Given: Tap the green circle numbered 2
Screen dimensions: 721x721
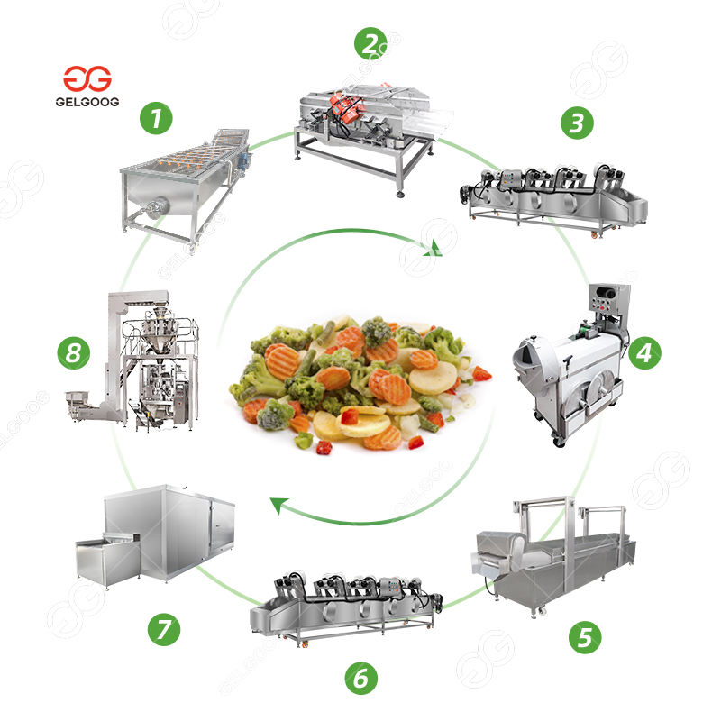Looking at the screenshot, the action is (x=370, y=41).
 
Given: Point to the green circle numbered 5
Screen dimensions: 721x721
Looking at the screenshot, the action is (x=585, y=638).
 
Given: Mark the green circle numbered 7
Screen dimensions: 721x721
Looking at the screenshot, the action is (x=164, y=628).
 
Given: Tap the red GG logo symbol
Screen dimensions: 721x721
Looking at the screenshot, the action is (x=87, y=78).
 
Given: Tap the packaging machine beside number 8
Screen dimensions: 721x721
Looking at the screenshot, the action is (x=144, y=360).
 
